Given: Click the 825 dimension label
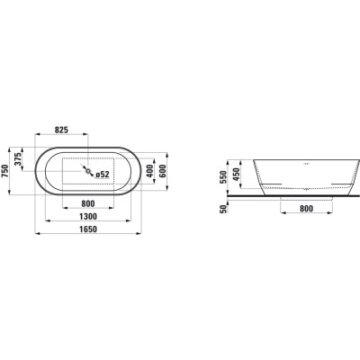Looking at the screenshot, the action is [62, 130].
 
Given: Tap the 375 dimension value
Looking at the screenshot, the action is [18, 159].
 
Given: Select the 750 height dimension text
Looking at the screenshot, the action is [5, 171].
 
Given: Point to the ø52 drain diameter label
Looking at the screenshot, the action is [103, 175].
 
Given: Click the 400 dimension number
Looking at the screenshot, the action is [149, 171].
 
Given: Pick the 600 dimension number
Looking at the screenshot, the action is [163, 171].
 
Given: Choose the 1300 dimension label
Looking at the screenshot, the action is [88, 216].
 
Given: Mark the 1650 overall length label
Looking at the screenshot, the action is [88, 229].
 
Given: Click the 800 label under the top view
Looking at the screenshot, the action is [88, 203].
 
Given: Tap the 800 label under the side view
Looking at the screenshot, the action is [306, 209].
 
